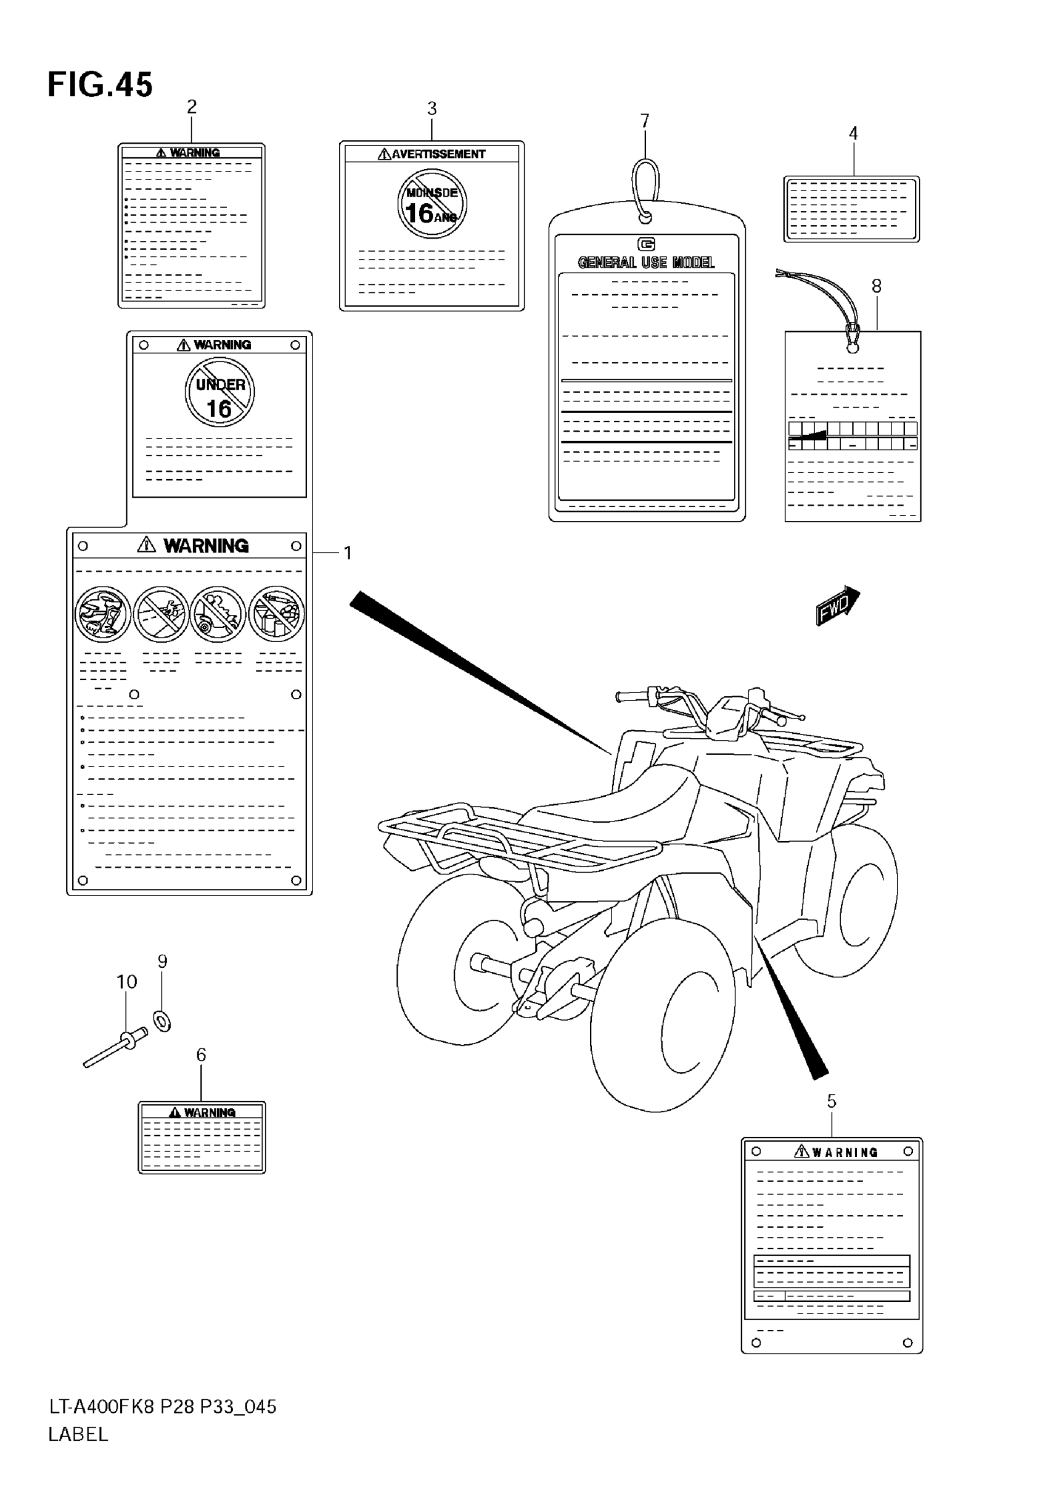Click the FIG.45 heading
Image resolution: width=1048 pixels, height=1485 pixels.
[x=100, y=84]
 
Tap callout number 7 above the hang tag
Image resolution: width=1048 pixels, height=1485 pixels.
[x=645, y=121]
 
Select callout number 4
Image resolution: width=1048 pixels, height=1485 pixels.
[x=853, y=133]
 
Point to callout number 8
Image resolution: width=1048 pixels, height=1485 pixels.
[x=876, y=286]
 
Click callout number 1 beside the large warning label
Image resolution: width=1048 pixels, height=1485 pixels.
[x=348, y=553]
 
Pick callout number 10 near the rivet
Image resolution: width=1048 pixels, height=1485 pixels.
[x=127, y=982]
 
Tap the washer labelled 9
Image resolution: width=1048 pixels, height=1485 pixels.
[x=162, y=1021]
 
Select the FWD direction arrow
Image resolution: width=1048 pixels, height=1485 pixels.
[x=837, y=606]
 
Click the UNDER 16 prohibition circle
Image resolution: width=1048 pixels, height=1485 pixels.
[x=220, y=393]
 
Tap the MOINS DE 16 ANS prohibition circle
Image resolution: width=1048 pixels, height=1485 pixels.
[x=432, y=204]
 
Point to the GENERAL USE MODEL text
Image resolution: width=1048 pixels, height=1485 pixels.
[x=646, y=262]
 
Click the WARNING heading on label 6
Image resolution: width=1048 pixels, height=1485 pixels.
[x=209, y=1113]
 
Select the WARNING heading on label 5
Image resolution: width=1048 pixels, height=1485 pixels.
[x=845, y=1152]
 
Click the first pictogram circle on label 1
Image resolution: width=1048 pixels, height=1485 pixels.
[x=103, y=614]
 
